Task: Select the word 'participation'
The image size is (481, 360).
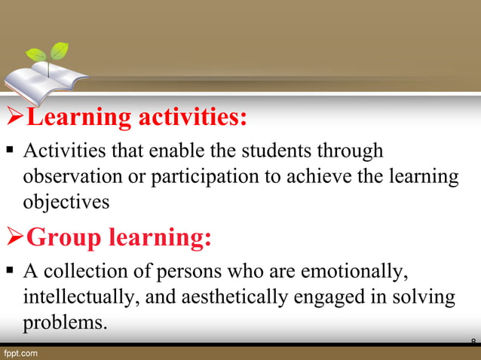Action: [x=194, y=177]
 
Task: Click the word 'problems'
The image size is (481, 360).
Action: [x=63, y=322]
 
